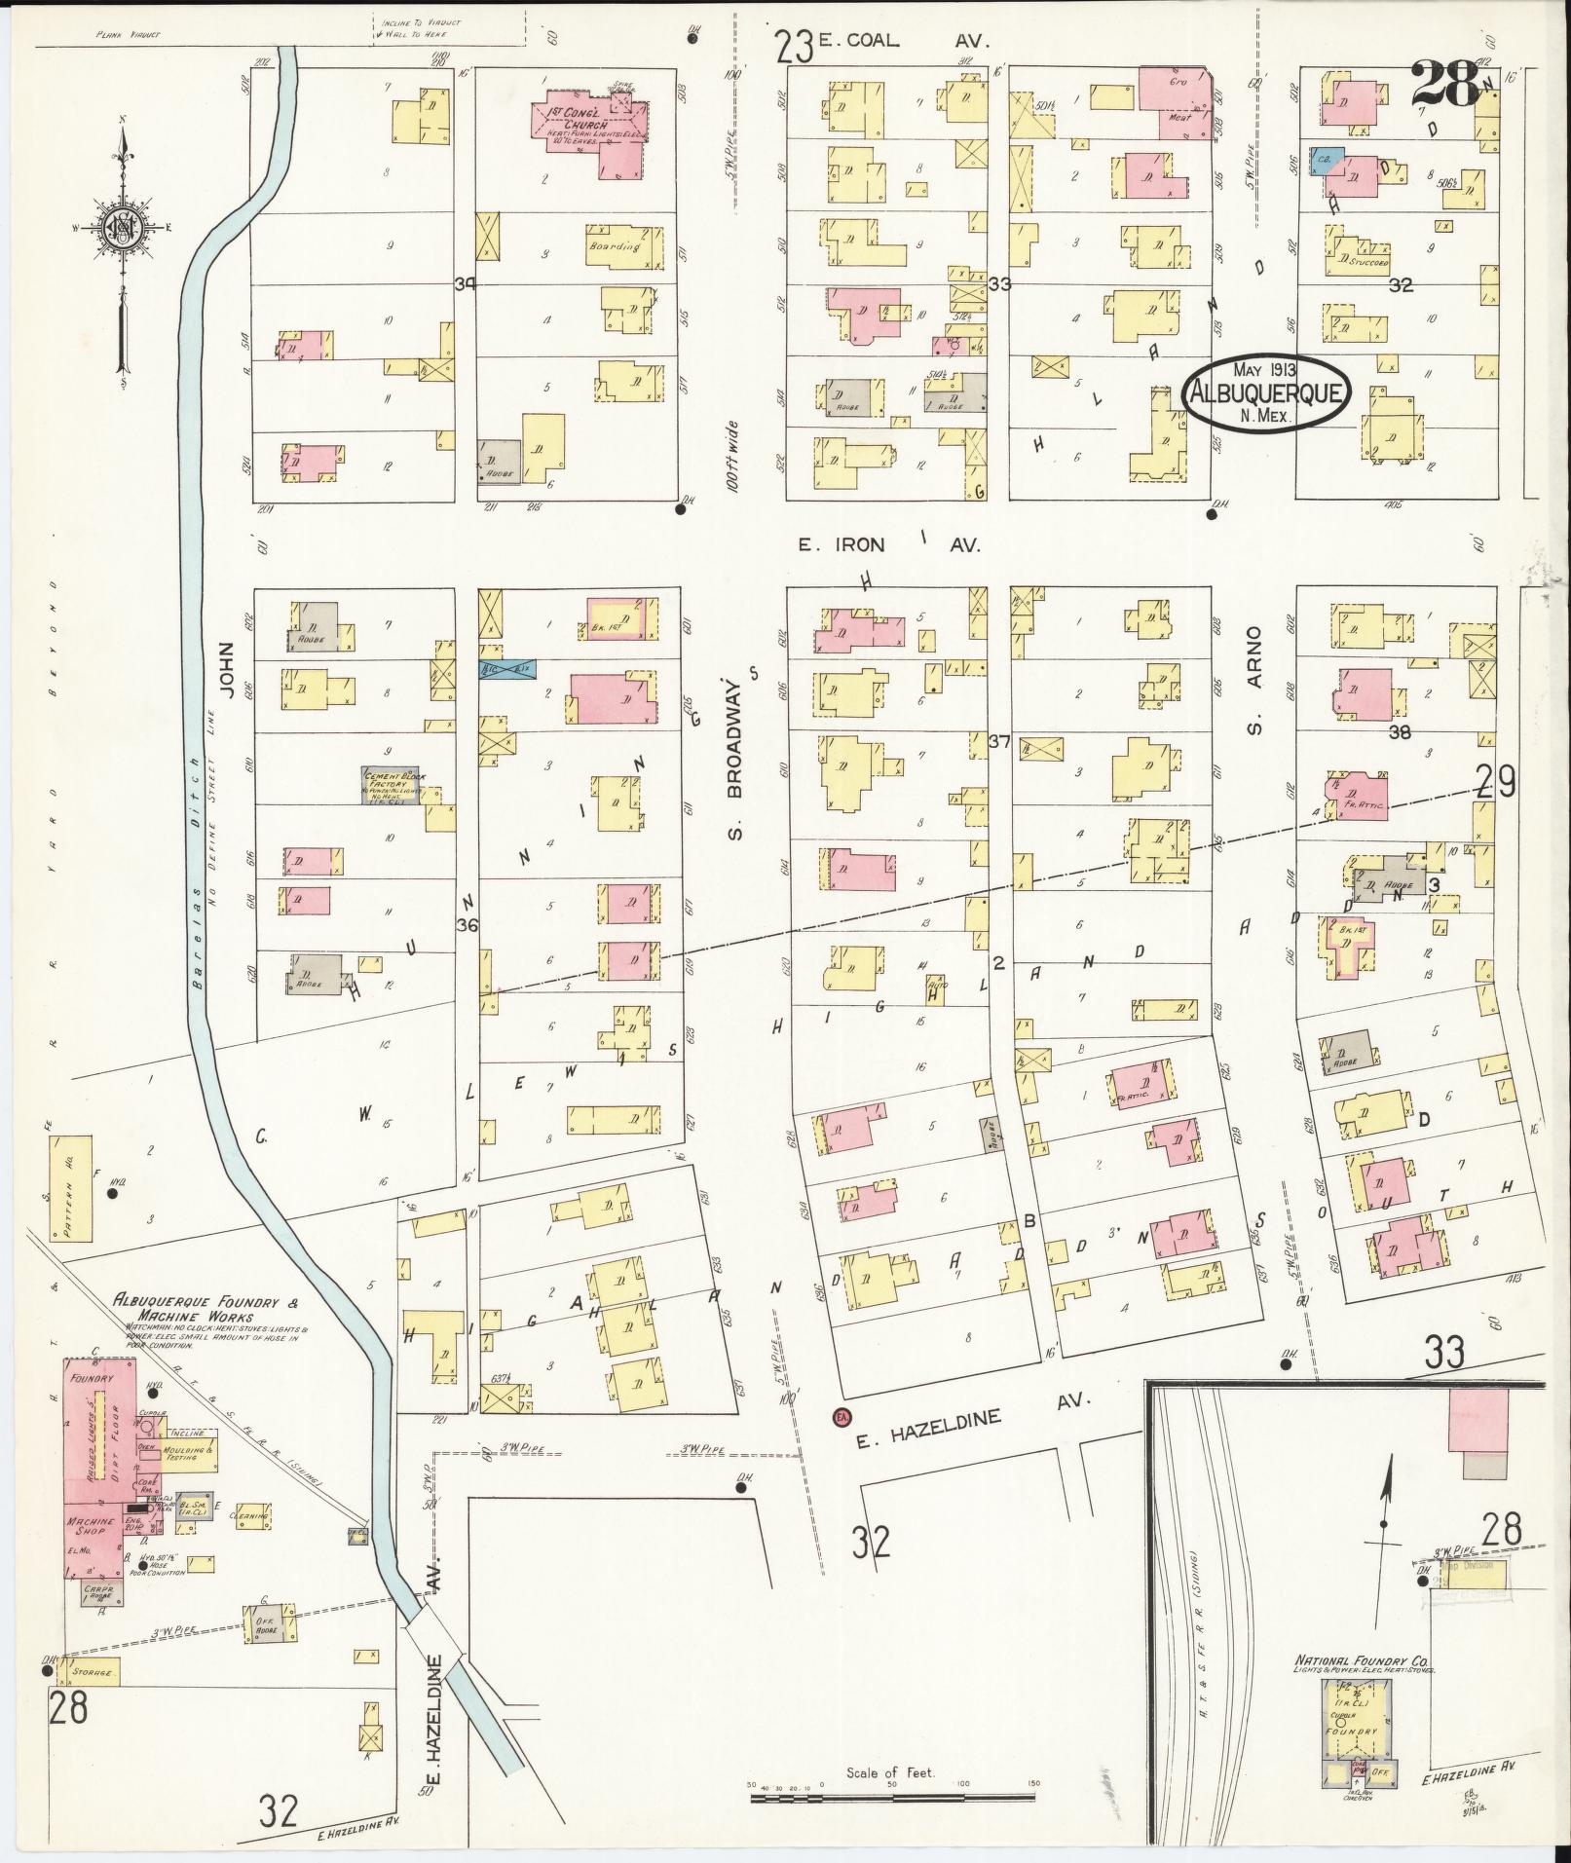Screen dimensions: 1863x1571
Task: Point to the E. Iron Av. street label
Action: (888, 546)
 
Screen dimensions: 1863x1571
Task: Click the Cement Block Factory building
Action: (392, 785)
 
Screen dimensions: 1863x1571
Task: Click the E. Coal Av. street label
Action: (888, 41)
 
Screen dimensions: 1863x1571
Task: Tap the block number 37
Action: (998, 742)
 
